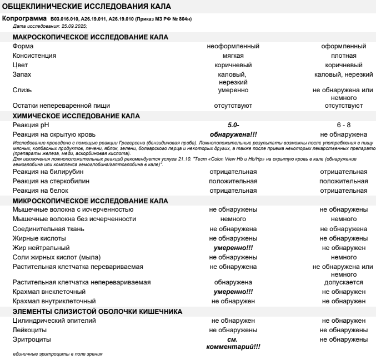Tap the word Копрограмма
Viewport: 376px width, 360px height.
pyautogui.click(x=25, y=19)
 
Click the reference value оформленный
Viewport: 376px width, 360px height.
pyautogui.click(x=343, y=46)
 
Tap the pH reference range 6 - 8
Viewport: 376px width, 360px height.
pyautogui.click(x=343, y=126)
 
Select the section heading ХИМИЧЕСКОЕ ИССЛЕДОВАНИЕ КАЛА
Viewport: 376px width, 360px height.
pyautogui.click(x=76, y=116)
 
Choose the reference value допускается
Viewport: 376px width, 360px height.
pyautogui.click(x=343, y=282)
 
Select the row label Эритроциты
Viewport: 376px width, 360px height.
pyautogui.click(x=31, y=338)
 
